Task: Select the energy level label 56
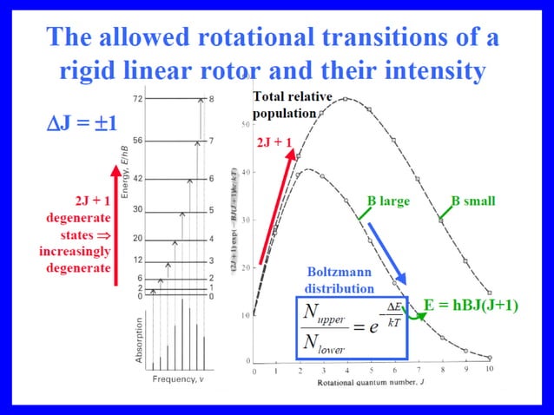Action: pos(137,140)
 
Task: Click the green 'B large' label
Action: pos(387,201)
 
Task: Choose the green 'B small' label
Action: pos(472,201)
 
